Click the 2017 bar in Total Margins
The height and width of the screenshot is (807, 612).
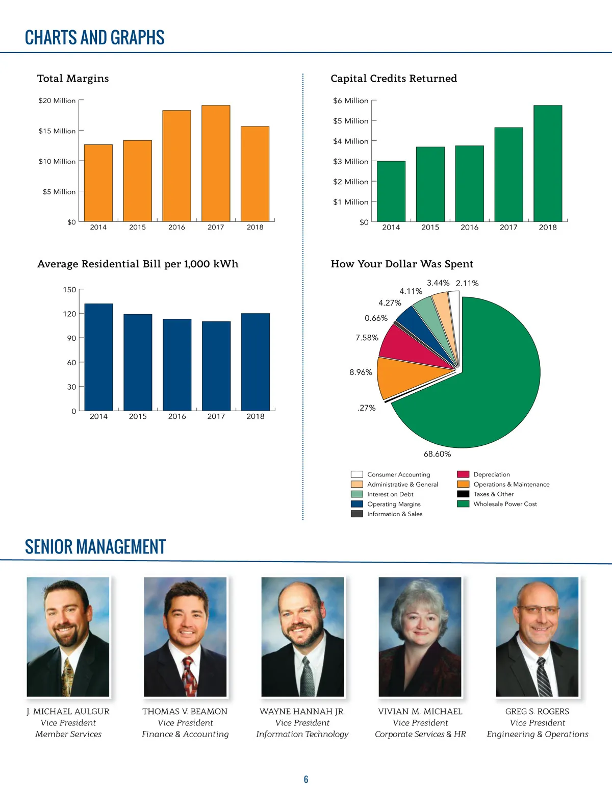216,163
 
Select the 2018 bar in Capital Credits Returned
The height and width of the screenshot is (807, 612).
548,163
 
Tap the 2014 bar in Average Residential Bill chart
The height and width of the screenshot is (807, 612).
98,357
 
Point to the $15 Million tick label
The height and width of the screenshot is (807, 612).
57,131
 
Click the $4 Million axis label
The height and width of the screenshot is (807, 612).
350,141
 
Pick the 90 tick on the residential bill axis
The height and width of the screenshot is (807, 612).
71,338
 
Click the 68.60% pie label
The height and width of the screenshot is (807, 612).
437,454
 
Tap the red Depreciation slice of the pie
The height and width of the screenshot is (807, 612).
408,347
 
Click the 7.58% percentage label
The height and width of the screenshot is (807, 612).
367,338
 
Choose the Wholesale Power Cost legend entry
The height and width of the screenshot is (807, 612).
505,504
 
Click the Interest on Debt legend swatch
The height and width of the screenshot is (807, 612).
357,494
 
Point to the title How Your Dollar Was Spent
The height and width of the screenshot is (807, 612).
402,264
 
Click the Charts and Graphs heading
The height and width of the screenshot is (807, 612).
95,38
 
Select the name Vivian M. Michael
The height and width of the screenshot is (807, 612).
420,712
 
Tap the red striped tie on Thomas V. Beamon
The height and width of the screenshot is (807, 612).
189,676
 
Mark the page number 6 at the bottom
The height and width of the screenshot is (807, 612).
306,779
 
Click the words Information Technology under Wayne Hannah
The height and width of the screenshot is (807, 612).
302,734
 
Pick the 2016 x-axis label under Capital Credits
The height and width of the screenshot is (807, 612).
469,228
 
